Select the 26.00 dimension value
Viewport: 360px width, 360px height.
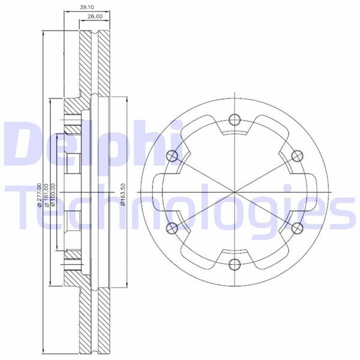coord(94,17)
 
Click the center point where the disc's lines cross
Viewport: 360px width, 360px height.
coord(233,191)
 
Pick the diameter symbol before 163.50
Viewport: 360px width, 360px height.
coord(122,206)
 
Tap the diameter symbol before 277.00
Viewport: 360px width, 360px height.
coord(39,206)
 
